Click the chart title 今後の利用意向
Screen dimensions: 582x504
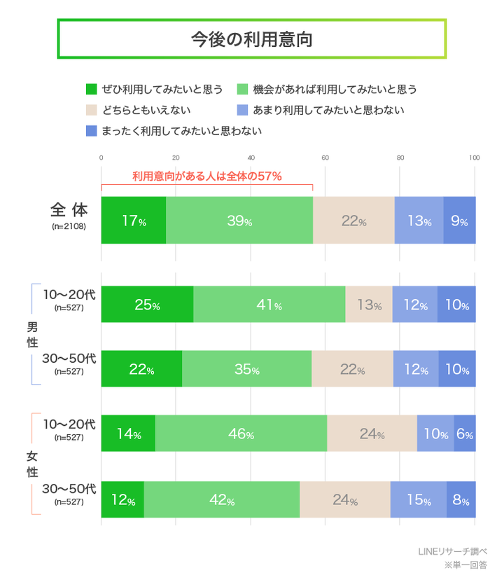coord(251,39)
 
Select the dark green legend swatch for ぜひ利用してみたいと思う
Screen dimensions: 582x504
coord(91,89)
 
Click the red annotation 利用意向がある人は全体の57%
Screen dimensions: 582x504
coord(207,176)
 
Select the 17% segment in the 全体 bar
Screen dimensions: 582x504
coord(134,221)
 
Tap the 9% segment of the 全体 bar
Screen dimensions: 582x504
coord(459,221)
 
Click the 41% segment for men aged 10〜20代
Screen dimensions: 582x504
coord(269,305)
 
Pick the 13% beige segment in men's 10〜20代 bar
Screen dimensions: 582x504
coord(368,305)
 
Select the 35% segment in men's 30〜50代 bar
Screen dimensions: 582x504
coord(246,369)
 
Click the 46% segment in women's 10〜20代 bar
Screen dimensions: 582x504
coord(240,434)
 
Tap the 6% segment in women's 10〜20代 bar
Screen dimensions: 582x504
coord(465,434)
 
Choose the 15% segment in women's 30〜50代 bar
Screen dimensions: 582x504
coord(418,500)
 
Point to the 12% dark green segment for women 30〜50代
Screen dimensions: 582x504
coord(122,500)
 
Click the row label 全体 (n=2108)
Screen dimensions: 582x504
coord(69,216)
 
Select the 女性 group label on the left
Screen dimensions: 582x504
coord(31,464)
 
